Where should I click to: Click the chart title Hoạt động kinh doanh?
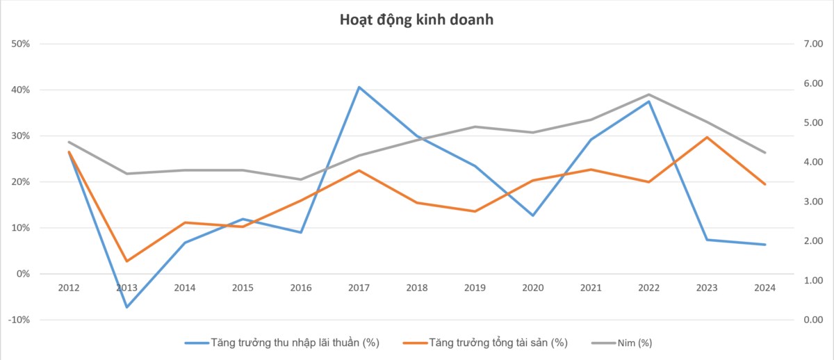pyautogui.click(x=416, y=19)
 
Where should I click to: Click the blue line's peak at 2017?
pyautogui.click(x=359, y=87)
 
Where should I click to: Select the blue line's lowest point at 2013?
pyautogui.click(x=126, y=307)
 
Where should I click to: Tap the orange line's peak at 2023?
pyautogui.click(x=708, y=137)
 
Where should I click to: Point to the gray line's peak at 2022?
pyautogui.click(x=649, y=95)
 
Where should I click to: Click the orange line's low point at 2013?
pyautogui.click(x=126, y=261)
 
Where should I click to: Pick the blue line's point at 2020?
pyautogui.click(x=533, y=215)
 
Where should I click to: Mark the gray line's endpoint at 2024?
pyautogui.click(x=765, y=153)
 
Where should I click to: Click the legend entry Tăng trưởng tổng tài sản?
pyautogui.click(x=498, y=343)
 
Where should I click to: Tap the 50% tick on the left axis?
pyautogui.click(x=20, y=44)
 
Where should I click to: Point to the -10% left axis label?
pyautogui.click(x=19, y=320)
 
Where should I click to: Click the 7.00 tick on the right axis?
pyautogui.click(x=812, y=44)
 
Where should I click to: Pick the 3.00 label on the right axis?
pyautogui.click(x=812, y=202)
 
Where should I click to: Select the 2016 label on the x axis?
pyautogui.click(x=300, y=287)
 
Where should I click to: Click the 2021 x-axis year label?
pyautogui.click(x=591, y=287)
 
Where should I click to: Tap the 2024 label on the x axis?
pyautogui.click(x=765, y=287)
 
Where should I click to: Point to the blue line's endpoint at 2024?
pyautogui.click(x=765, y=245)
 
